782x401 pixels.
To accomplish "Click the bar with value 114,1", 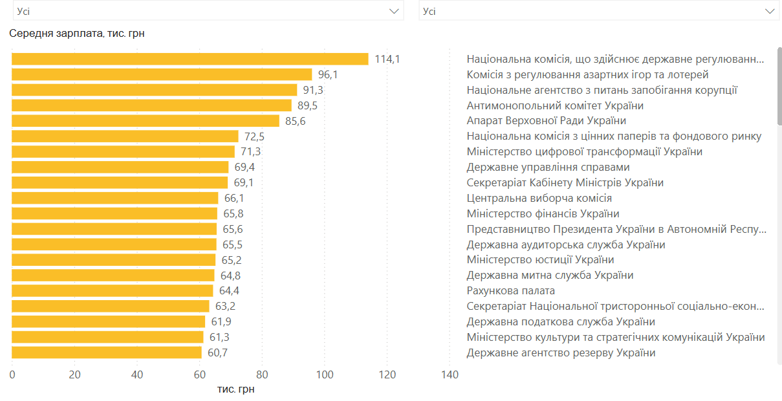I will click(x=190, y=59).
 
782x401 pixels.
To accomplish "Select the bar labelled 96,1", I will click(x=162, y=74).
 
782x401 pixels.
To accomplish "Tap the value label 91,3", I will click(x=313, y=90).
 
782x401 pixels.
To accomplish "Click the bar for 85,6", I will click(x=146, y=121).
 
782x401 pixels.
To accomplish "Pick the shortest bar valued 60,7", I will click(x=107, y=352).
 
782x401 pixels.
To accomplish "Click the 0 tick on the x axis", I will click(x=12, y=374).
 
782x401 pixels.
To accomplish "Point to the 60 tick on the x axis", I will click(x=200, y=374).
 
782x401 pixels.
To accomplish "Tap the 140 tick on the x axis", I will click(x=450, y=374).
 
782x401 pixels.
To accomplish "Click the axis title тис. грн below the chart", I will click(x=235, y=389).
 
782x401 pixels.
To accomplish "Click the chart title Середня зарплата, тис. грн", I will click(x=76, y=34).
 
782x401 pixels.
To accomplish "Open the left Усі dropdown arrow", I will click(x=394, y=11).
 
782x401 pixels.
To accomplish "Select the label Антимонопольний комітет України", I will click(x=555, y=105).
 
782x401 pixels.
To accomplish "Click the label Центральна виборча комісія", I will click(x=539, y=198).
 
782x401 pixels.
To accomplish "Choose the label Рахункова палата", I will click(x=511, y=290).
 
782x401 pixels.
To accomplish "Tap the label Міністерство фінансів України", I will click(x=543, y=213).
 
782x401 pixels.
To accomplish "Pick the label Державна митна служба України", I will click(x=550, y=275).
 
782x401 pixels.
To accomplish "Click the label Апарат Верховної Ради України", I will click(x=546, y=121).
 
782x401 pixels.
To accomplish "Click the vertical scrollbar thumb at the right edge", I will click(x=779, y=87).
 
